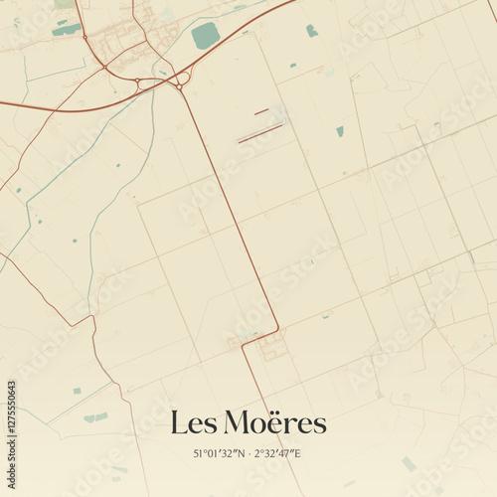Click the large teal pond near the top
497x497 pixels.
tap(206, 36)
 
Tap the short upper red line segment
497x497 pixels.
tap(261, 111)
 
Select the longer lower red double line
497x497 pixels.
tap(260, 132)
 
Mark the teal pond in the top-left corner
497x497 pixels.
tap(67, 30)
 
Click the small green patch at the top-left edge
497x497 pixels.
tap(64, 4)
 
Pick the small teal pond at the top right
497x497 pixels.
tap(312, 31)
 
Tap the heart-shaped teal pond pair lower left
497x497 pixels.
tap(95, 417)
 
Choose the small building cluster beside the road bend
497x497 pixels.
tap(270, 349)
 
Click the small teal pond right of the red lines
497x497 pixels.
tap(340, 130)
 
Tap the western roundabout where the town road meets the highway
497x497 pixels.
tap(104, 67)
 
